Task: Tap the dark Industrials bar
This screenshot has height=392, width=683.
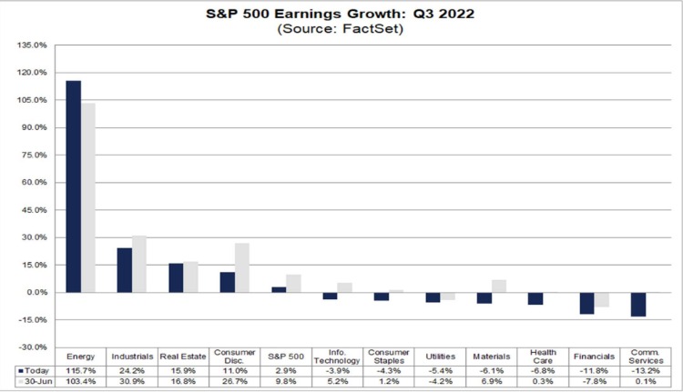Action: coord(124,270)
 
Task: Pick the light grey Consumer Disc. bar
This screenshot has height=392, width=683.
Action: coord(242,268)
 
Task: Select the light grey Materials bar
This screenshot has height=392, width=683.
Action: coord(498,286)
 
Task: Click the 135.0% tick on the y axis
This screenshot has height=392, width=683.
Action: coord(33,45)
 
